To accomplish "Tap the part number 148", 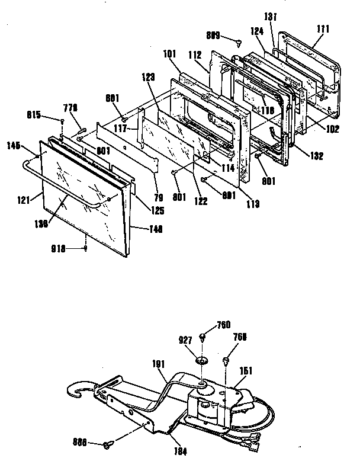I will (x=140, y=228).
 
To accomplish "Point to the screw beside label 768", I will (x=227, y=360).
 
